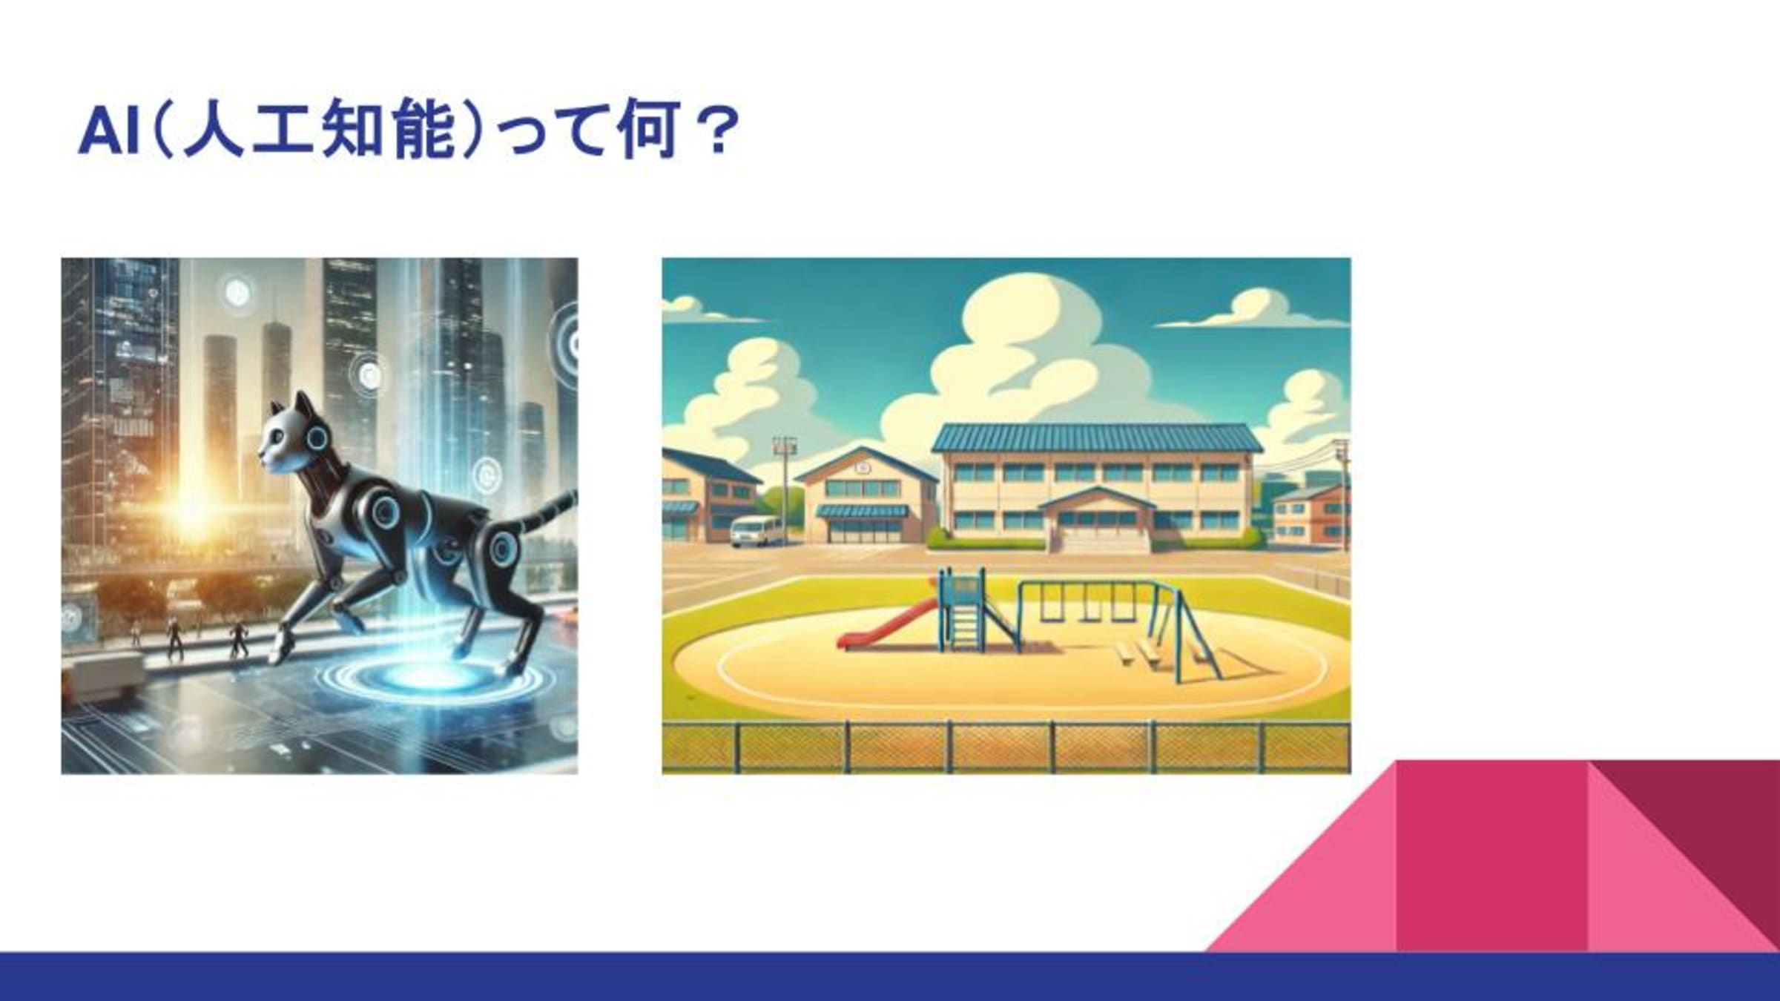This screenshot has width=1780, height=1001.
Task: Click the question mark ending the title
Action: pos(718,131)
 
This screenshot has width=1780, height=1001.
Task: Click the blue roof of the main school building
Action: pos(1097,437)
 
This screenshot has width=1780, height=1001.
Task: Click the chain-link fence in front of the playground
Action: pos(1006,747)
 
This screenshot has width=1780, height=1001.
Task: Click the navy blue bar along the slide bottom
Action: pos(890,977)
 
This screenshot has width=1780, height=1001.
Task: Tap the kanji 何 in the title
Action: pos(647,131)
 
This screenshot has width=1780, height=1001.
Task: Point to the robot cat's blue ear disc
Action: pos(317,439)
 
